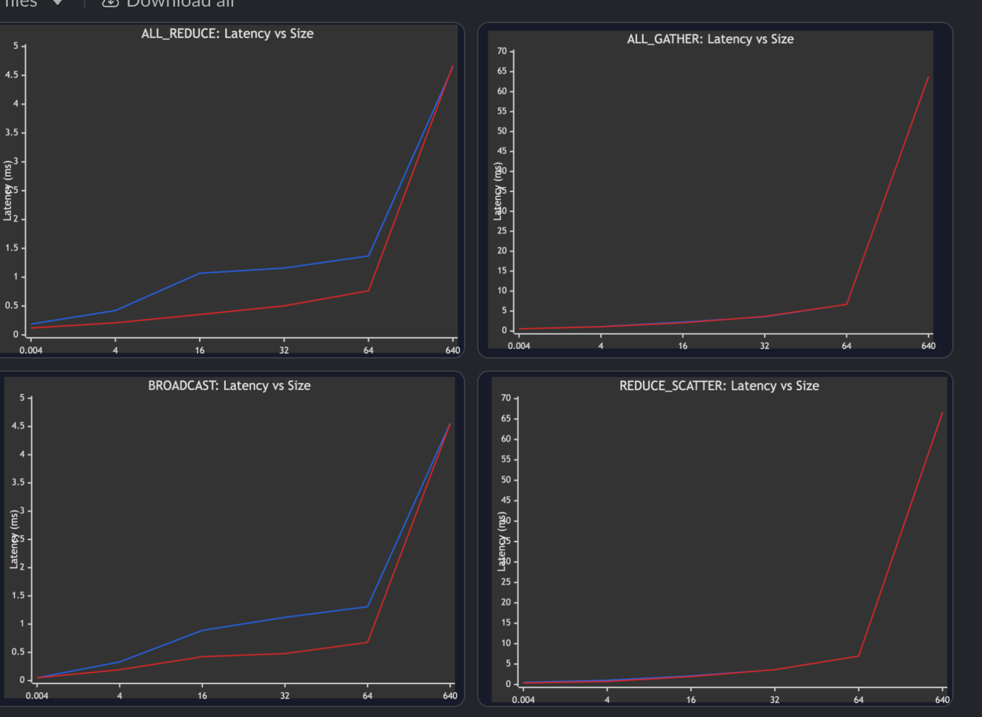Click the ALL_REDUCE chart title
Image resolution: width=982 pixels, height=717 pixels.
click(227, 34)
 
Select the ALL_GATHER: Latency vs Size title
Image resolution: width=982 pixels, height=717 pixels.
click(710, 39)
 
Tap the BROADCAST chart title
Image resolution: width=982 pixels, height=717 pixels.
click(229, 386)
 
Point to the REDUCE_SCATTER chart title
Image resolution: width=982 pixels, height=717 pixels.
click(719, 386)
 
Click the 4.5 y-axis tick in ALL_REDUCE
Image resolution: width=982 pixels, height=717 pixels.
click(12, 75)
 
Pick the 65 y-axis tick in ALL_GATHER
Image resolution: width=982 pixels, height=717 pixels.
click(502, 71)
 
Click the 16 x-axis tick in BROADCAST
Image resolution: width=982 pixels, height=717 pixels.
click(202, 695)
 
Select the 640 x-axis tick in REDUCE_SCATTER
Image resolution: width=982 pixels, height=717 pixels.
click(942, 699)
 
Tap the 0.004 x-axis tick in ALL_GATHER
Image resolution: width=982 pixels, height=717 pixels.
click(519, 345)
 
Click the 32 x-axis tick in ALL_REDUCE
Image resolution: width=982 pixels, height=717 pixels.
click(284, 350)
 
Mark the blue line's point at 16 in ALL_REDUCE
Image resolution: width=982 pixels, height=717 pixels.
click(200, 273)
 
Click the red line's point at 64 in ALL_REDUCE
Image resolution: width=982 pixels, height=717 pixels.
click(368, 291)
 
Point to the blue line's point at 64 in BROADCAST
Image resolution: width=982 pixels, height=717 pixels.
click(367, 607)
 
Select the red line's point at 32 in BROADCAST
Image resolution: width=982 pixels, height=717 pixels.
click(285, 654)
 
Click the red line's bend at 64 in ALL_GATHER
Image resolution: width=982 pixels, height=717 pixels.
click(847, 304)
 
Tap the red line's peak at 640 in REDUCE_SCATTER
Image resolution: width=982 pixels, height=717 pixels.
click(942, 413)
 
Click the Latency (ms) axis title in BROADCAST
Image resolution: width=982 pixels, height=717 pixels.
click(14, 539)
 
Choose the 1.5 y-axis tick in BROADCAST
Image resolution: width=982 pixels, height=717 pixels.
click(18, 596)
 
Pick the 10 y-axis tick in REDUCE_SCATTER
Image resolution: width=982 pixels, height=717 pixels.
click(506, 643)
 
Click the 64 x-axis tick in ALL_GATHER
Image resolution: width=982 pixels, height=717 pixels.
click(847, 345)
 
